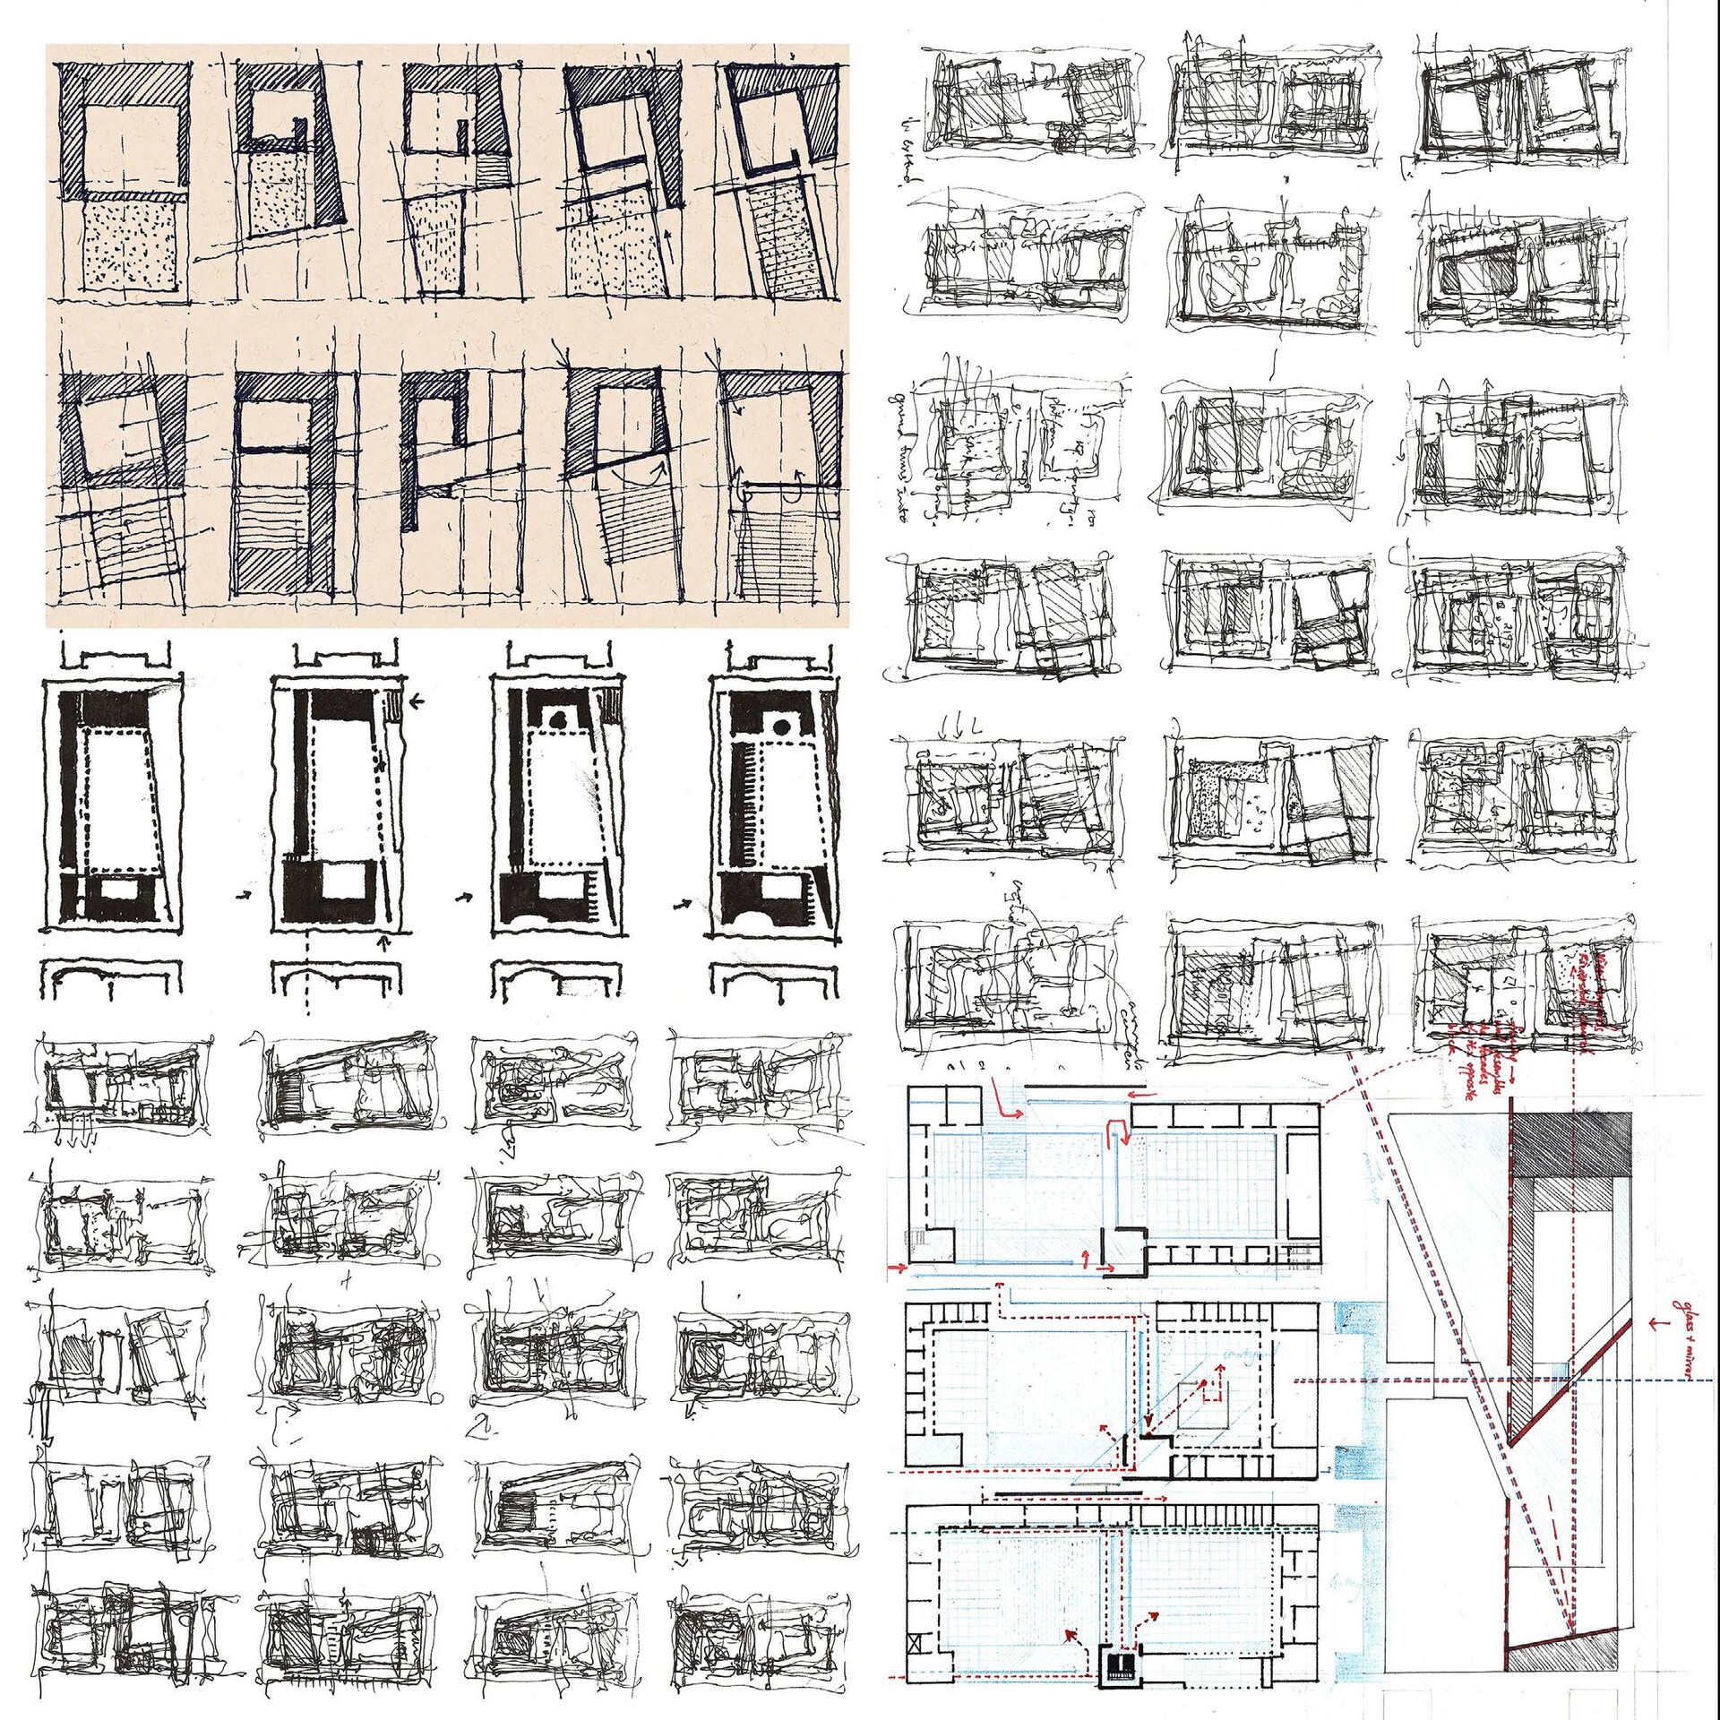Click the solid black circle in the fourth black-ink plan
(783, 727)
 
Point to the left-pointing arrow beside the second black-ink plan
(417, 703)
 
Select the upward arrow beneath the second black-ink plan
(385, 942)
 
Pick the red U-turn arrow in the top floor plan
(1119, 1129)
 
